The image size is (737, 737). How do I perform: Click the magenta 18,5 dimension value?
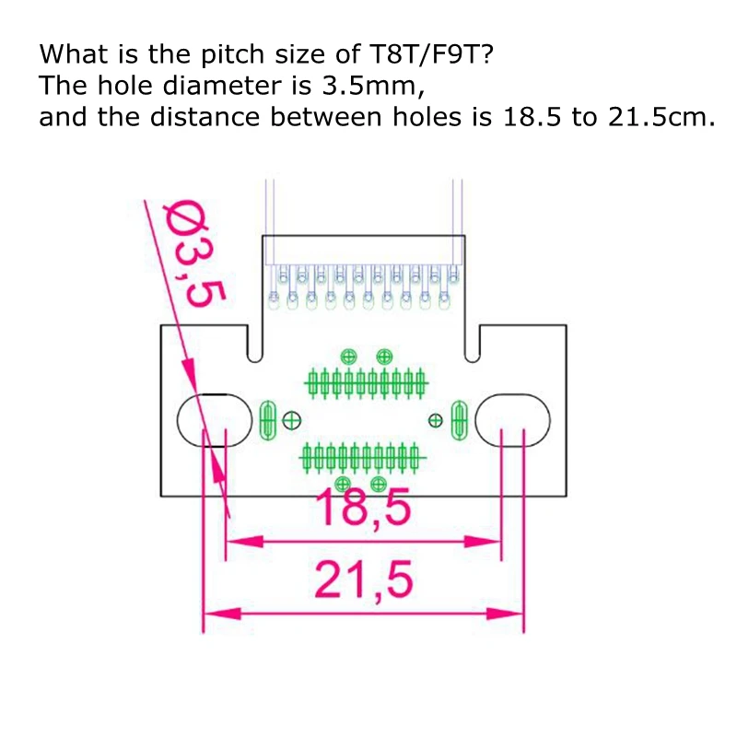pos(362,508)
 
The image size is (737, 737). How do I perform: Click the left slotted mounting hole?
pos(213,419)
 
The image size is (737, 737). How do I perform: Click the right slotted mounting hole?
pos(512,419)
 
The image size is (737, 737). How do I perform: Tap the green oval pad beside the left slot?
pos(268,420)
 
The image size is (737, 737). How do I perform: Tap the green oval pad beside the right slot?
pos(458,420)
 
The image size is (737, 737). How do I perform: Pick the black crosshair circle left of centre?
pos(292,420)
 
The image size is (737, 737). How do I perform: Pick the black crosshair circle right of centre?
pos(436,420)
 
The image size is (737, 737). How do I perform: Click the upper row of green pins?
pos(365,380)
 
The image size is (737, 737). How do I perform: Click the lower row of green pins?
pos(362,454)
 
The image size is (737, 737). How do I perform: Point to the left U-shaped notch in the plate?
pos(254,345)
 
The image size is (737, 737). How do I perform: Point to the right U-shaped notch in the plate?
pos(473,345)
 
